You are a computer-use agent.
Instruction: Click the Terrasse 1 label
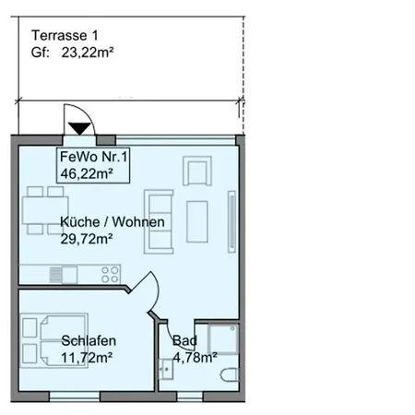[x=65, y=35]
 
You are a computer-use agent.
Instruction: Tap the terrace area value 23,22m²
[x=88, y=53]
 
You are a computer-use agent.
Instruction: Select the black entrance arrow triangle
[x=79, y=128]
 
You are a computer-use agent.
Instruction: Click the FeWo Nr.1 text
[x=93, y=157]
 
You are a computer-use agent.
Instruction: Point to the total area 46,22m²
[x=87, y=173]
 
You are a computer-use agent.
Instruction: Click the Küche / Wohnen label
[x=113, y=222]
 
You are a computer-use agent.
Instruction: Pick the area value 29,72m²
[x=87, y=239]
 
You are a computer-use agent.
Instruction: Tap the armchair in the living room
[x=197, y=171]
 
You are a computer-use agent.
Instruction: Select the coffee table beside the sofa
[x=197, y=221]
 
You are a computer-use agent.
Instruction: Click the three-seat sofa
[x=159, y=221]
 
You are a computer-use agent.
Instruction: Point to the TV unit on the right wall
[x=231, y=221]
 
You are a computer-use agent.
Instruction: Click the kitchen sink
[x=64, y=275]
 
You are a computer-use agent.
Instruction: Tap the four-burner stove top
[x=110, y=275]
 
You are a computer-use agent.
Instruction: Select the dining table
[x=45, y=210]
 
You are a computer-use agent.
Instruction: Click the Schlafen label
[x=89, y=341]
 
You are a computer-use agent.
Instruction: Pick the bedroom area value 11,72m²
[x=87, y=358]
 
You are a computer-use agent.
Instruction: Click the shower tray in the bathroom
[x=223, y=338]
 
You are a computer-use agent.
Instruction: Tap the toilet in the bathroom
[x=230, y=374]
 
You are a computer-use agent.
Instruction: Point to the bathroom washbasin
[x=166, y=369]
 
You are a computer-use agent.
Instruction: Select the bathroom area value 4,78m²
[x=195, y=357]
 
